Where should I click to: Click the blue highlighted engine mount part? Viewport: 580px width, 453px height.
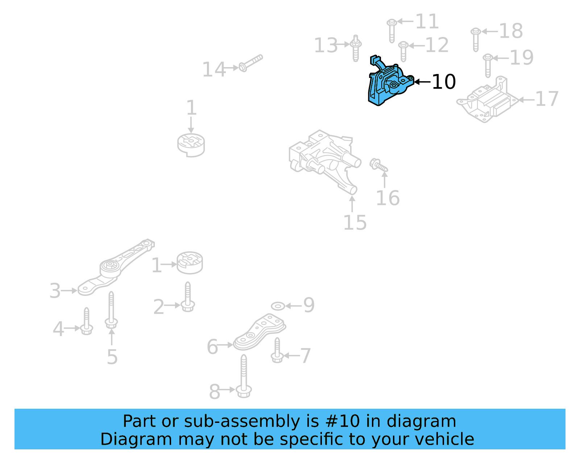point(388,83)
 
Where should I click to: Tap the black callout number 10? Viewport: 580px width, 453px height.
point(444,82)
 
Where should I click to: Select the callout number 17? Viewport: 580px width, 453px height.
point(547,99)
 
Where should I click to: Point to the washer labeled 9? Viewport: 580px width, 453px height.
point(278,306)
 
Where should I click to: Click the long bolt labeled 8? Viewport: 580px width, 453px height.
point(244,377)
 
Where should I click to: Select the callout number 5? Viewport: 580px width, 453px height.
point(112,357)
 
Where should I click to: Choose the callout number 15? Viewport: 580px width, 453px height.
point(355,222)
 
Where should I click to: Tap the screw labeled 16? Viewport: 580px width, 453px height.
point(378,165)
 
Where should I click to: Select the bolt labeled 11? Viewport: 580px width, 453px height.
point(391,30)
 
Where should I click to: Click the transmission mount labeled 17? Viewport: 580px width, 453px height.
point(486,102)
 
